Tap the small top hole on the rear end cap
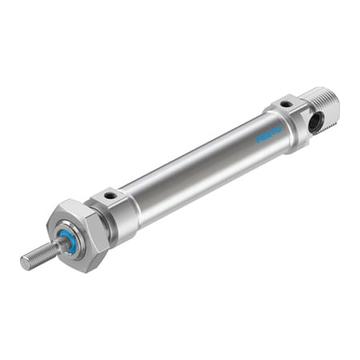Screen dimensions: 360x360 tap(286, 104)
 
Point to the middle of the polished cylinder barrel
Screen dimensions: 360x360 tap(200, 168)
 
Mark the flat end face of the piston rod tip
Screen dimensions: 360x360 tap(24, 263)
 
